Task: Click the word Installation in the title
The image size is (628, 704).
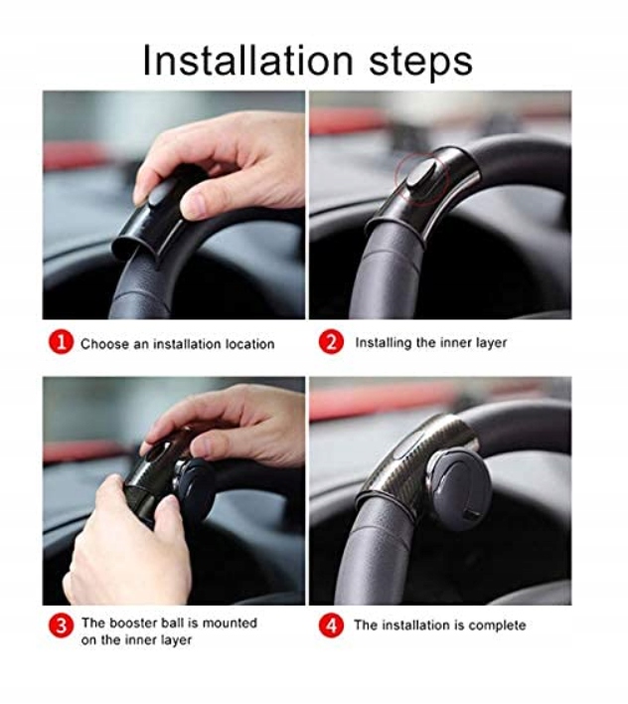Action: tap(248, 61)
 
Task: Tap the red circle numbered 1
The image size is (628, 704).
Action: tap(61, 343)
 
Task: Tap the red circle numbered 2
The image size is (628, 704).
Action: tap(331, 342)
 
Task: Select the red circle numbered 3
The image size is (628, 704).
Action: tap(61, 625)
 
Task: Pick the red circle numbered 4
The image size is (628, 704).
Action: tap(331, 625)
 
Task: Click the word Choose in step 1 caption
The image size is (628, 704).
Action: tap(105, 344)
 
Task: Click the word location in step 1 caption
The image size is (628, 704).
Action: tap(249, 344)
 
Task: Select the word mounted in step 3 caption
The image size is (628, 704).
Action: tap(230, 623)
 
